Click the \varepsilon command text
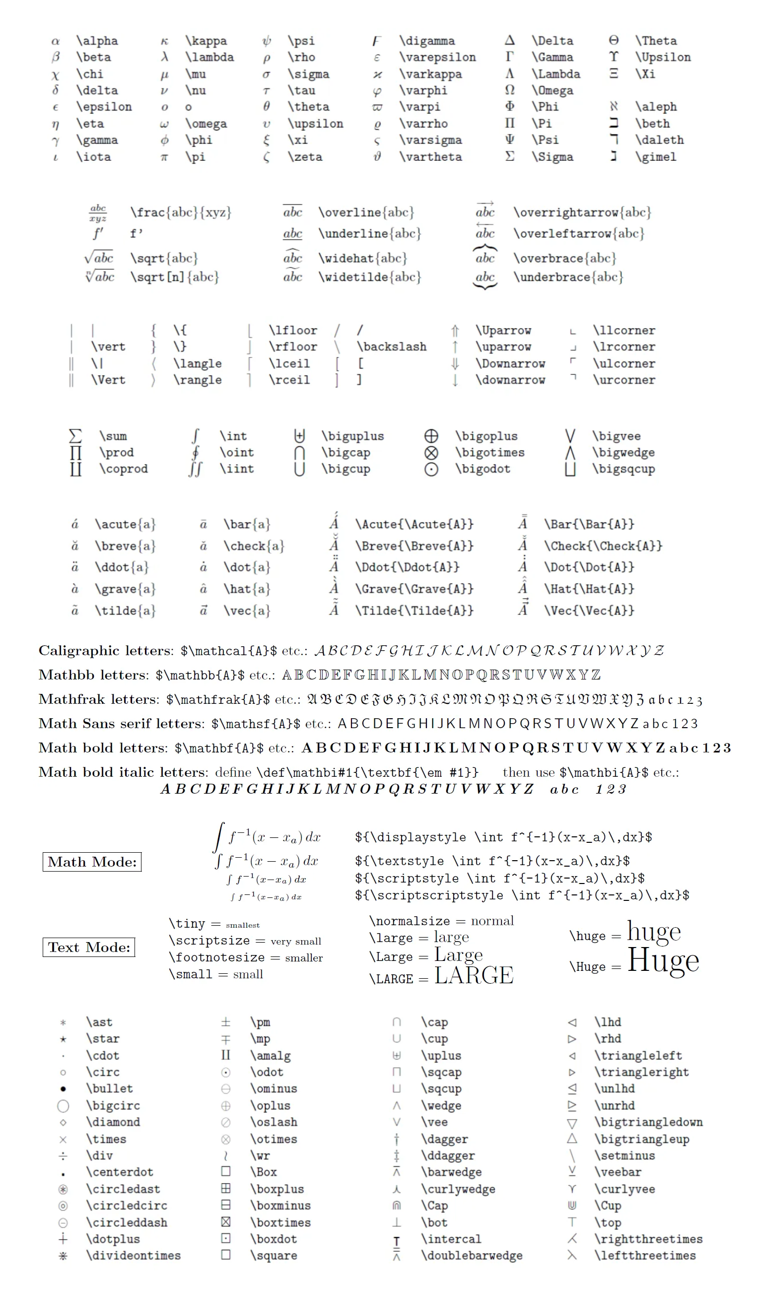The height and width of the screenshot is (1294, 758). pos(437,57)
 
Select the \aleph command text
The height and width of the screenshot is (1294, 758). pos(656,107)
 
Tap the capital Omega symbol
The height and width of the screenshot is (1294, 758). pos(509,90)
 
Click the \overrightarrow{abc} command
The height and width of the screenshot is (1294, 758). pos(582,212)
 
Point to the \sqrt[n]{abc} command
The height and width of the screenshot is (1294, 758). pos(175,277)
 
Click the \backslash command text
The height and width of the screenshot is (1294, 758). pos(391,346)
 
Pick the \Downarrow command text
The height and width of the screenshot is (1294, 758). pos(510,363)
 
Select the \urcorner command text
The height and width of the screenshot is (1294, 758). pos(624,380)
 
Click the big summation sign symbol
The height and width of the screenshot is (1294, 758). pos(75,436)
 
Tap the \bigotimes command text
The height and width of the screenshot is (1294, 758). pos(489,452)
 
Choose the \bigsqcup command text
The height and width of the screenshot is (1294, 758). pos(623,469)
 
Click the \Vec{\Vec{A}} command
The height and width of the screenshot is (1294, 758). pos(589,611)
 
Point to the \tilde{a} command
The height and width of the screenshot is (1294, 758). pos(125,611)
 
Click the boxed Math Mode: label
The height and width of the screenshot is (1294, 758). pos(92,862)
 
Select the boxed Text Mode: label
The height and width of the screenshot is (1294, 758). pos(89,948)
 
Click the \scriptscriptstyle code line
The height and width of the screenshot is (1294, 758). pos(522,895)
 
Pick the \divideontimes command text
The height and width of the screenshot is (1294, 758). pos(134,1255)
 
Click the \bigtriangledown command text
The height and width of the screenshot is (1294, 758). pos(648,1122)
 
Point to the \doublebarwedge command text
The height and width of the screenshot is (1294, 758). pos(472,1255)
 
